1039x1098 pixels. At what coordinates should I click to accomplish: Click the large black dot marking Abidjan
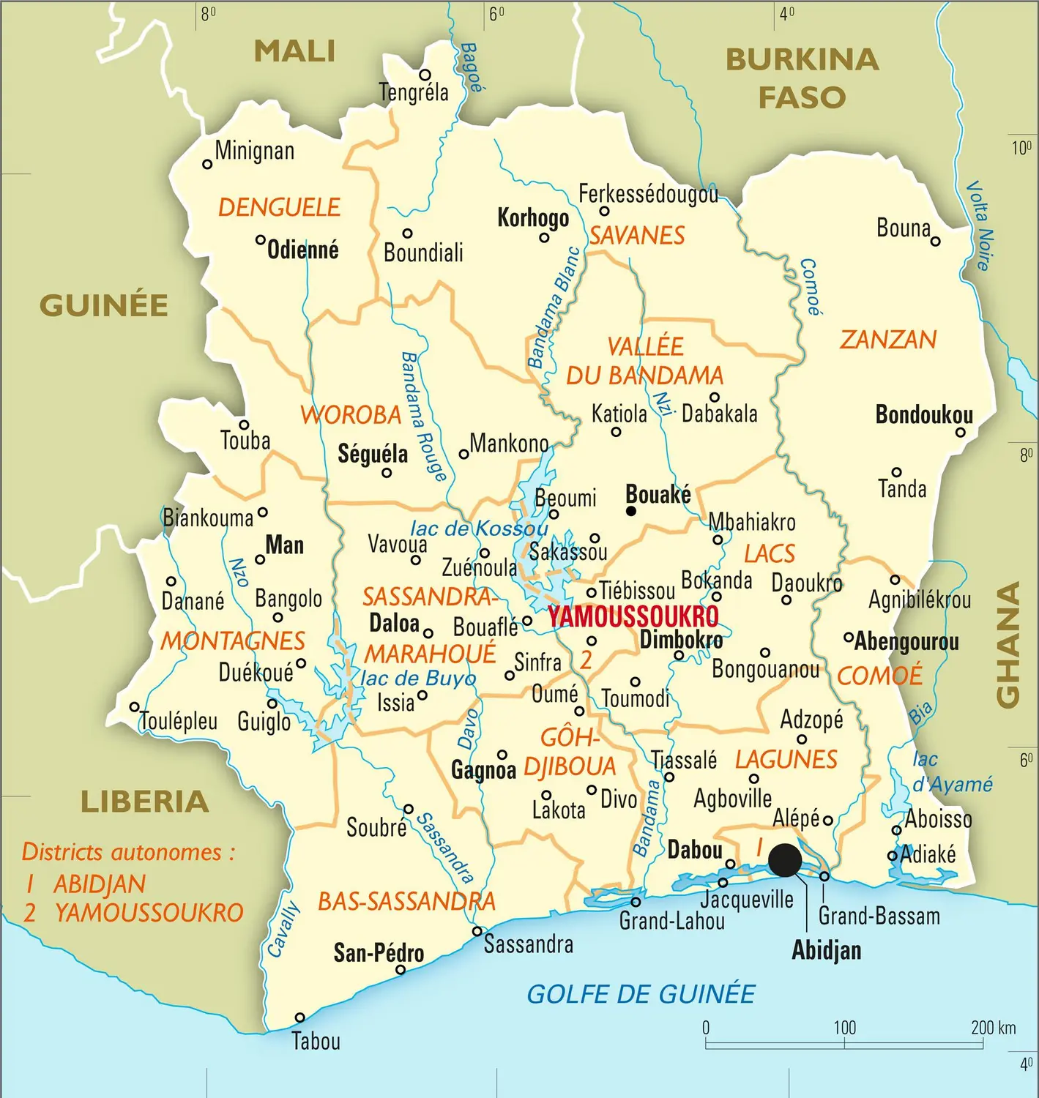tap(785, 860)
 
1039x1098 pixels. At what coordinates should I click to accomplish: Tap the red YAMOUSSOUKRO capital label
tap(633, 616)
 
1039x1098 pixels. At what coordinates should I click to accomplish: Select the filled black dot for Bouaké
tap(631, 511)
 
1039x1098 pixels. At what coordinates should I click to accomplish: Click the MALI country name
tap(294, 51)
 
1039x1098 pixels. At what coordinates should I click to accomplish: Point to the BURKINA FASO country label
tap(802, 78)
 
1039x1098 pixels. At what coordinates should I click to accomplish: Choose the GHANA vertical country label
tap(1008, 645)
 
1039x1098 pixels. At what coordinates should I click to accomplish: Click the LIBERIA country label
tap(144, 802)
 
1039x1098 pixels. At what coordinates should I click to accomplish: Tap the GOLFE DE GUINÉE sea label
tap(641, 994)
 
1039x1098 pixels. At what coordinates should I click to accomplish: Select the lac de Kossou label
tap(479, 529)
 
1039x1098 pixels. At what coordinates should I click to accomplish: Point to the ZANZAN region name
tap(887, 340)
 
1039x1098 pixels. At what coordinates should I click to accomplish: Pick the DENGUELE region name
tap(279, 208)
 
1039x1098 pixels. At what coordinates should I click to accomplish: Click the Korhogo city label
tap(533, 218)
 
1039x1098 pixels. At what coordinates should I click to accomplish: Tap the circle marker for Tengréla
tap(425, 75)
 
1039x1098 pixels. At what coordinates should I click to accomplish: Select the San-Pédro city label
tap(379, 952)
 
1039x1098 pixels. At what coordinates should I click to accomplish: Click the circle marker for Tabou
tap(299, 1017)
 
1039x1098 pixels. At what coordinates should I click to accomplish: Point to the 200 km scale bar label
tap(993, 1028)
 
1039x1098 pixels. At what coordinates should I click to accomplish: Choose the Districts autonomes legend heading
tap(128, 852)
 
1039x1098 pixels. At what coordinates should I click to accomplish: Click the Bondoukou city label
tap(924, 415)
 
